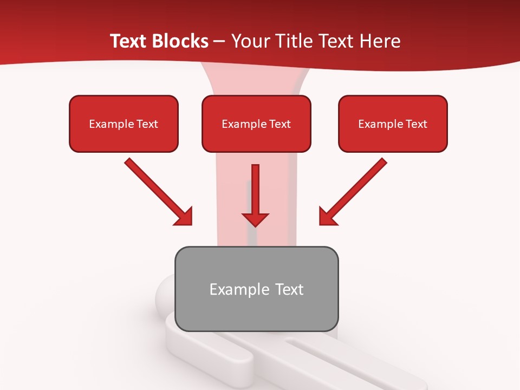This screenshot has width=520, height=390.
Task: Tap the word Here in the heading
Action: click(x=379, y=41)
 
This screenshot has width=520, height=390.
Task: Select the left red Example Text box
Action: click(x=123, y=123)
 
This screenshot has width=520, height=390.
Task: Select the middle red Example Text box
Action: click(x=256, y=123)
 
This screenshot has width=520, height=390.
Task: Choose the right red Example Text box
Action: click(x=393, y=123)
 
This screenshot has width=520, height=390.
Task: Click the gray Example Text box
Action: click(x=256, y=289)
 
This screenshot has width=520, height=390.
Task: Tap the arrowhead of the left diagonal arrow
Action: click(x=184, y=218)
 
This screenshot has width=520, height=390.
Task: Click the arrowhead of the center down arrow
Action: click(x=255, y=219)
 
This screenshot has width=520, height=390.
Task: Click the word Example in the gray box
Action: click(x=236, y=289)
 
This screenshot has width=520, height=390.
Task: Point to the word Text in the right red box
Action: click(x=416, y=124)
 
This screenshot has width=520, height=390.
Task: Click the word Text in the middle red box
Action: click(x=279, y=124)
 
